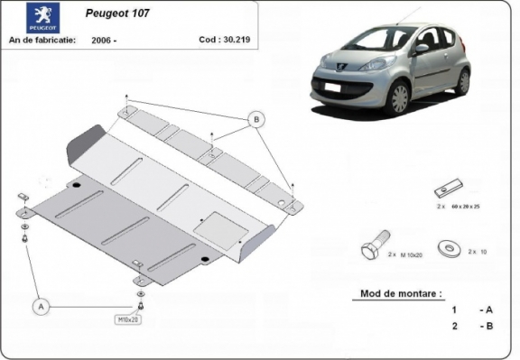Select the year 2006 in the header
107,41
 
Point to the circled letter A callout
40,307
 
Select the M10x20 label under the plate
128,319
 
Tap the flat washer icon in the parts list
445,246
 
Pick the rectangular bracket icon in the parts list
446,190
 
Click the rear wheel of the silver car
462,83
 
